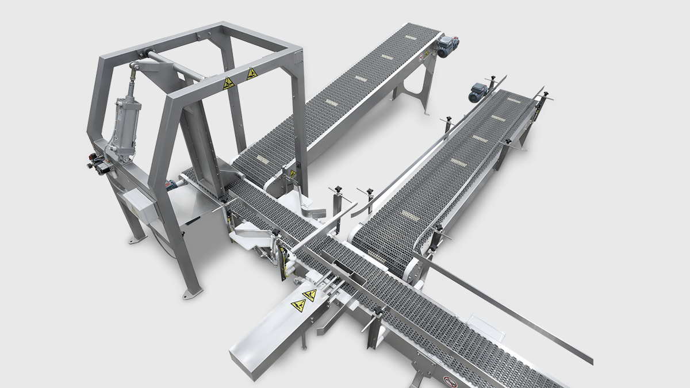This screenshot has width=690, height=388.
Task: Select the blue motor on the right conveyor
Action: [478, 90]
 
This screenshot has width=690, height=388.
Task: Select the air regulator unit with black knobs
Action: [98, 164]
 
